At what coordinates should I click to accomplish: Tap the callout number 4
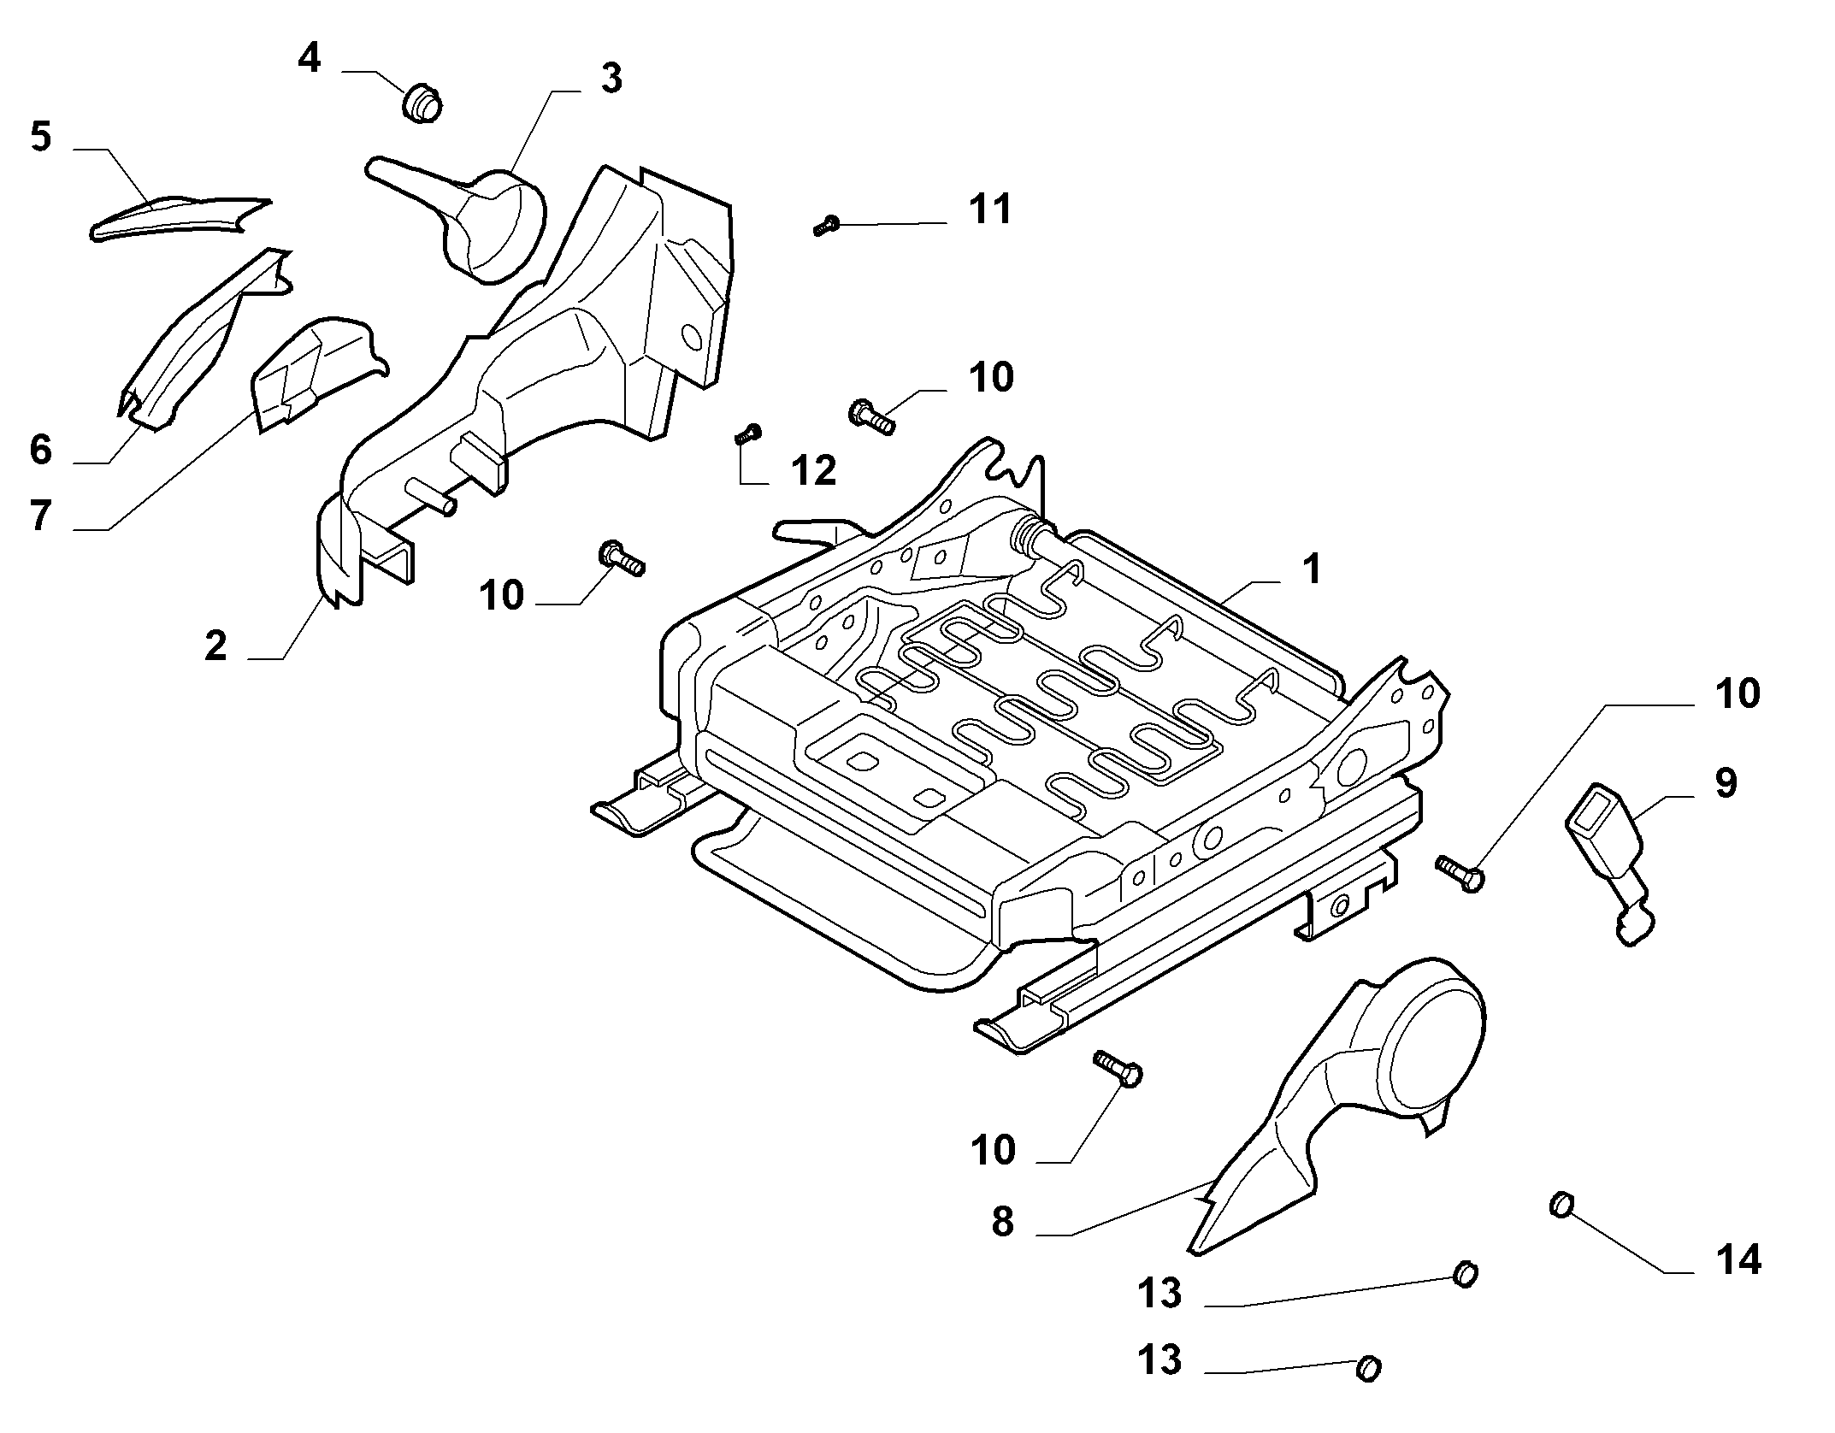(x=310, y=58)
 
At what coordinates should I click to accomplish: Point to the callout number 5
(x=41, y=136)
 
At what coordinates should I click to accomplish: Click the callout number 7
(x=41, y=516)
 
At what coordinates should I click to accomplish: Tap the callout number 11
(x=991, y=209)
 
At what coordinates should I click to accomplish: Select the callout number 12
(x=814, y=470)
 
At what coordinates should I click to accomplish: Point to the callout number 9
(x=1726, y=782)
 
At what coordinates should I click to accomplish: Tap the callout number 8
(x=1003, y=1222)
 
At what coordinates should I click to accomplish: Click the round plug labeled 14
(x=1562, y=1206)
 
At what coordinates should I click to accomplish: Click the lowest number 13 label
(x=1160, y=1359)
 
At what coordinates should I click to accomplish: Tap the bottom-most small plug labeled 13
(x=1368, y=1369)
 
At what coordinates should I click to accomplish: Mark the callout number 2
(x=215, y=646)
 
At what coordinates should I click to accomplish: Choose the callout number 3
(x=611, y=78)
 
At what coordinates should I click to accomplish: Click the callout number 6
(x=41, y=450)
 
